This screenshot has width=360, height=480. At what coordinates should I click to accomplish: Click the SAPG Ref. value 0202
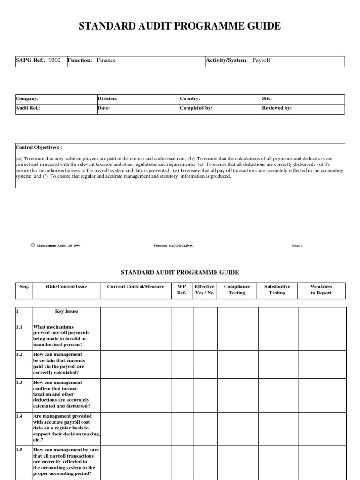pyautogui.click(x=54, y=60)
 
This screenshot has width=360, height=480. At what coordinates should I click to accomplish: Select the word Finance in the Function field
pyautogui.click(x=106, y=60)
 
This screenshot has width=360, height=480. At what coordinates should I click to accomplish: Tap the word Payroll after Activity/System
pyautogui.click(x=261, y=60)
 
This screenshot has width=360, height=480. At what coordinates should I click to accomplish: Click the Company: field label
pyautogui.click(x=27, y=99)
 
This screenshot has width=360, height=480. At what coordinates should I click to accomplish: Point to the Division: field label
pyautogui.click(x=107, y=99)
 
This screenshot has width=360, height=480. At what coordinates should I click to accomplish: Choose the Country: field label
pyautogui.click(x=190, y=99)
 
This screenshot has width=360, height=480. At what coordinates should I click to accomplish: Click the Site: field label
pyautogui.click(x=267, y=99)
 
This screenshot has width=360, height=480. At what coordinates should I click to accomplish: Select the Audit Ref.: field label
pyautogui.click(x=28, y=108)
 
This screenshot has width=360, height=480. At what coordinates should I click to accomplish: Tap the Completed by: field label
pyautogui.click(x=196, y=108)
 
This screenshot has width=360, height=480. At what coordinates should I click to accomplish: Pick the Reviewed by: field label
pyautogui.click(x=277, y=108)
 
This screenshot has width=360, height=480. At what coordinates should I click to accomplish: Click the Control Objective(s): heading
pyautogui.click(x=39, y=147)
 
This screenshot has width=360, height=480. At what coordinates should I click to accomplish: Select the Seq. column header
pyautogui.click(x=24, y=287)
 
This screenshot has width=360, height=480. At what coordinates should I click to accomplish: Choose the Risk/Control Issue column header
pyautogui.click(x=66, y=287)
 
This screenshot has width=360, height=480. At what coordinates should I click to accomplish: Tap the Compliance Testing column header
pyautogui.click(x=237, y=290)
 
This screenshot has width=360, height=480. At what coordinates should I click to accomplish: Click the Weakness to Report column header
pyautogui.click(x=321, y=290)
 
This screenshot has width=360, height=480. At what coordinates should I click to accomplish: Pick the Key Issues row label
pyautogui.click(x=67, y=311)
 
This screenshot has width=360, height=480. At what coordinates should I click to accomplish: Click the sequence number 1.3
pyautogui.click(x=20, y=383)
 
